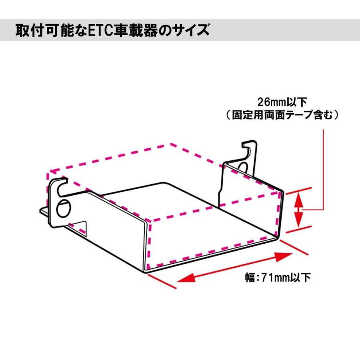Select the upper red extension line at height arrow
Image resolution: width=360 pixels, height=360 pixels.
pyautogui.click(x=298, y=190)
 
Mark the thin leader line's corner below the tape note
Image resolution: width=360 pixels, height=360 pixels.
pyautogui.click(x=322, y=209)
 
